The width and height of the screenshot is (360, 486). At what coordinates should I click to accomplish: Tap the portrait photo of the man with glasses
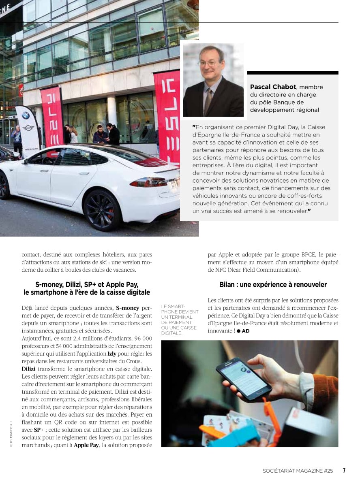point(213,80)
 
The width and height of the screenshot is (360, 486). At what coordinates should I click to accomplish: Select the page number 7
point(344,470)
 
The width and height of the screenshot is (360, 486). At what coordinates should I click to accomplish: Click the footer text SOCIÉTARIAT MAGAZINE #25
point(298,471)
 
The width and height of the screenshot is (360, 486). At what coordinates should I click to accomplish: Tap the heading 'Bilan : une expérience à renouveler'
point(273,285)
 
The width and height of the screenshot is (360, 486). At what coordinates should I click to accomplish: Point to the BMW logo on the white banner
point(26,115)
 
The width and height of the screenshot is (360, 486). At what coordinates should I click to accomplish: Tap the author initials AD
point(246,331)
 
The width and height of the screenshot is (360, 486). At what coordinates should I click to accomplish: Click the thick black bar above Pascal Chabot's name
point(292,73)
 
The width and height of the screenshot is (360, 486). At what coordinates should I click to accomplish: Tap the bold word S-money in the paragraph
point(127,308)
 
